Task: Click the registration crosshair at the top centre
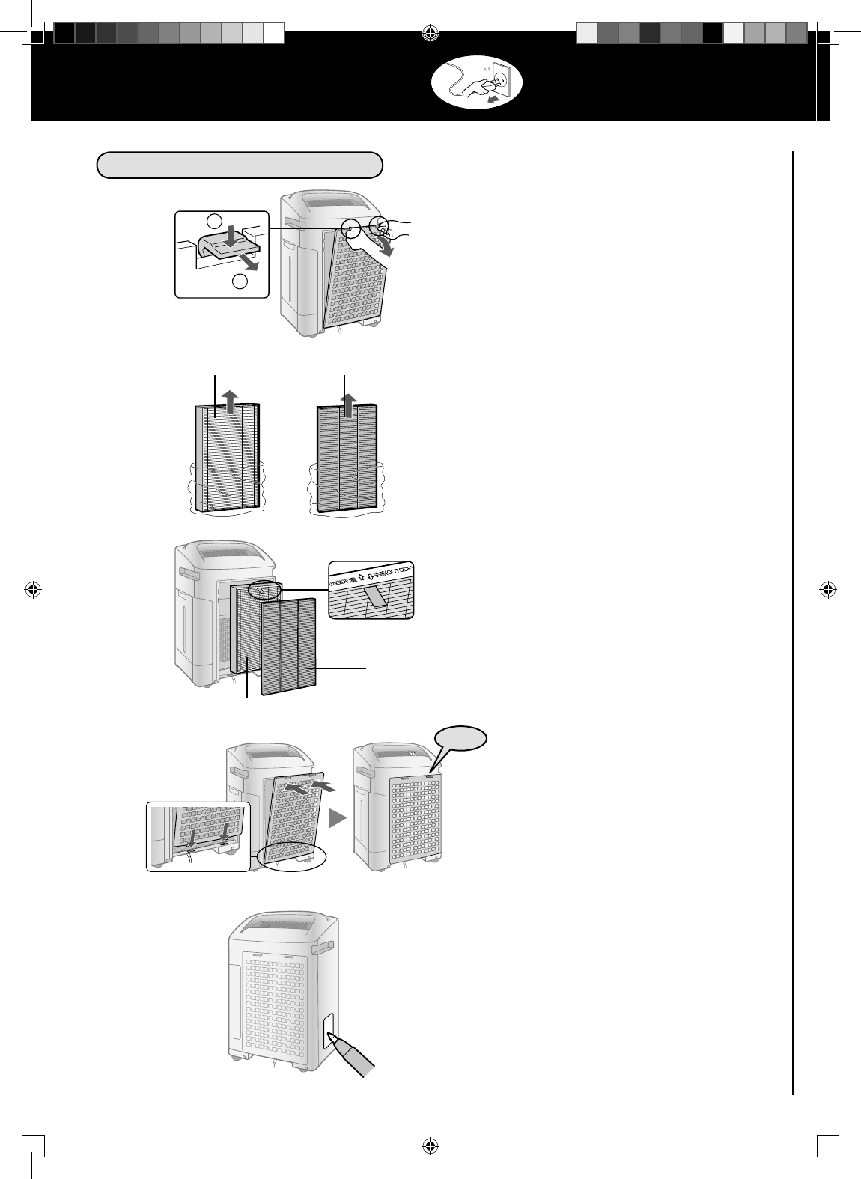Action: click(431, 33)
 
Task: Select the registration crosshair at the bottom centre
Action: click(431, 1145)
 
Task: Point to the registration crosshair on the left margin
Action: click(33, 589)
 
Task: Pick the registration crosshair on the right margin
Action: click(827, 589)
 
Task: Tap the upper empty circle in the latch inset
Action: click(215, 221)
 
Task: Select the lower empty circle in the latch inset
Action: click(240, 281)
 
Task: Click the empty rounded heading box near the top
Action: click(240, 165)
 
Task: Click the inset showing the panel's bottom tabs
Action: click(198, 836)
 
